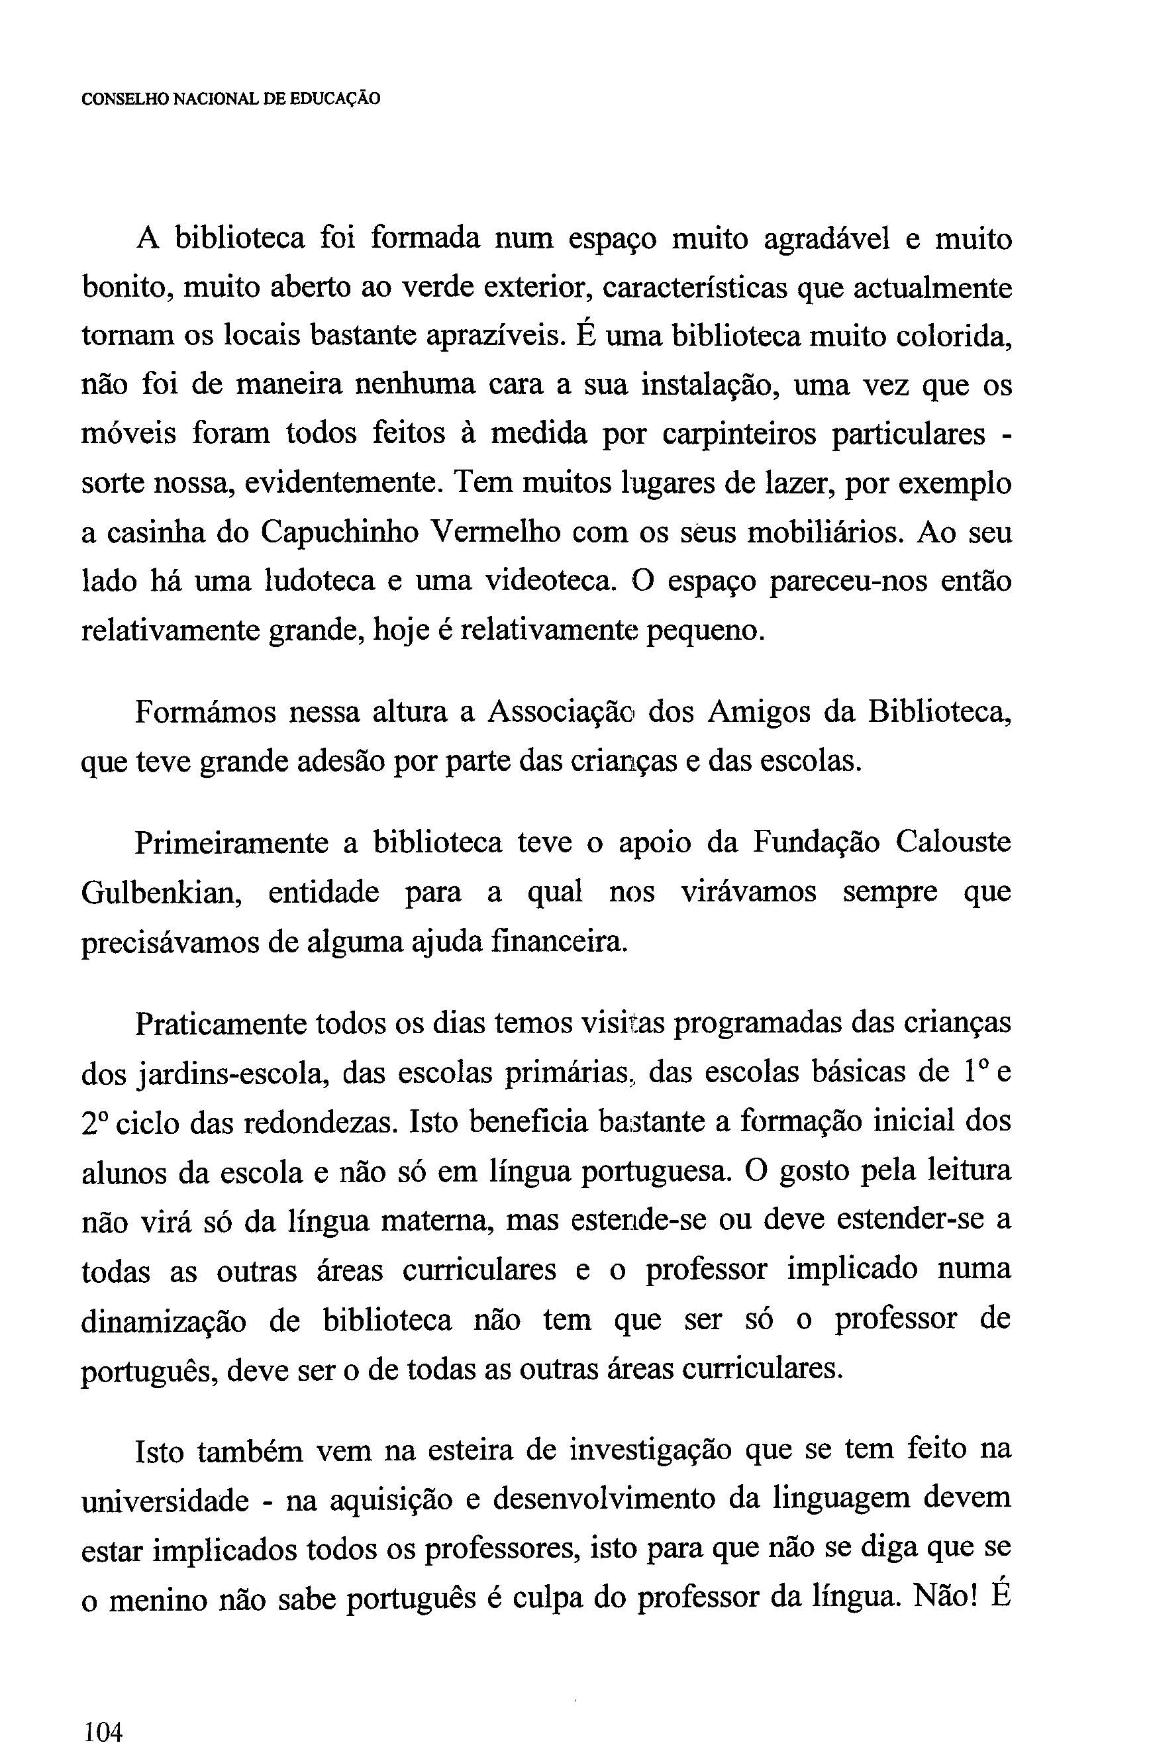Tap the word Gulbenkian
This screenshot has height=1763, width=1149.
(162, 893)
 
